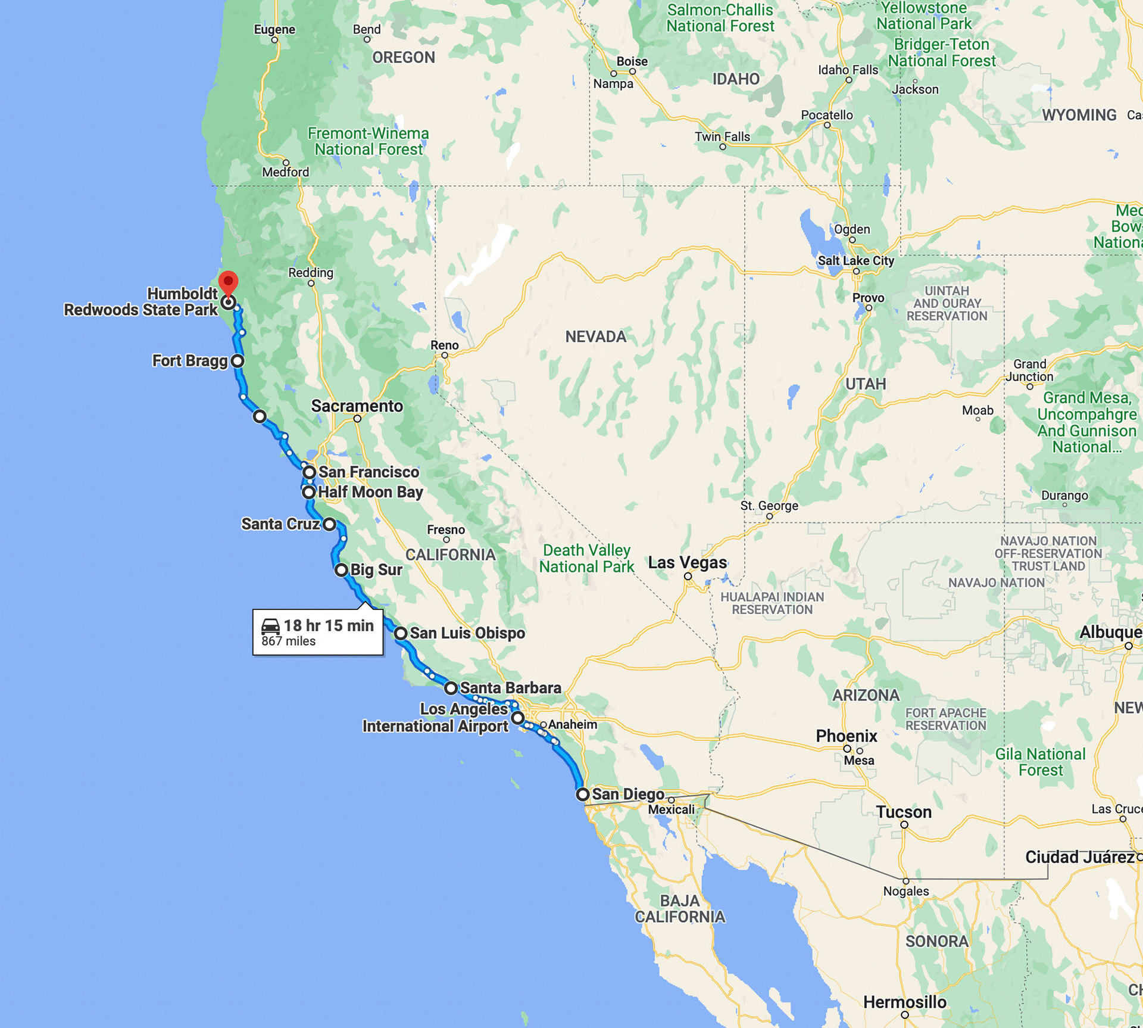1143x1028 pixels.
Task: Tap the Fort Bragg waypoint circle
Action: pos(238,361)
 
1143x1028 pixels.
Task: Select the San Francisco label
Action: pos(369,472)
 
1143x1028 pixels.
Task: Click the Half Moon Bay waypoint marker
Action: pos(308,493)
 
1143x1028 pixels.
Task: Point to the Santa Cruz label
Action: pos(280,524)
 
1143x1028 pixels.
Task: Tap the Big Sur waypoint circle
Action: pos(341,570)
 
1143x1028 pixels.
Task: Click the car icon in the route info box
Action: pos(271,626)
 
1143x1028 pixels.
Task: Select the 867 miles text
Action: pos(289,641)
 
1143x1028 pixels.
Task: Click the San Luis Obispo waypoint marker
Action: pos(401,633)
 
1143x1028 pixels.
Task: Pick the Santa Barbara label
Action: pos(511,688)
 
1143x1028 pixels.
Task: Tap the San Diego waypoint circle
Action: pos(583,794)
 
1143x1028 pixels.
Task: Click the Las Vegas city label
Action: pos(688,563)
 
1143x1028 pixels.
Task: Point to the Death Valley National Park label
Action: pos(586,559)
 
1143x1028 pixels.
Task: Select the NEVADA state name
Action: pos(596,337)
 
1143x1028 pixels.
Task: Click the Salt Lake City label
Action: pos(855,261)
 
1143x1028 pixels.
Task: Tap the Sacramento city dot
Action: pos(357,419)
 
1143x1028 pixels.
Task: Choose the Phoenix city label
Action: pos(847,736)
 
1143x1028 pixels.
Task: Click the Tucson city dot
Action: pos(904,825)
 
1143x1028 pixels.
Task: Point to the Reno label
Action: pos(445,345)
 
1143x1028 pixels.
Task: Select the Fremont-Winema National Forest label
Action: pos(368,142)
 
